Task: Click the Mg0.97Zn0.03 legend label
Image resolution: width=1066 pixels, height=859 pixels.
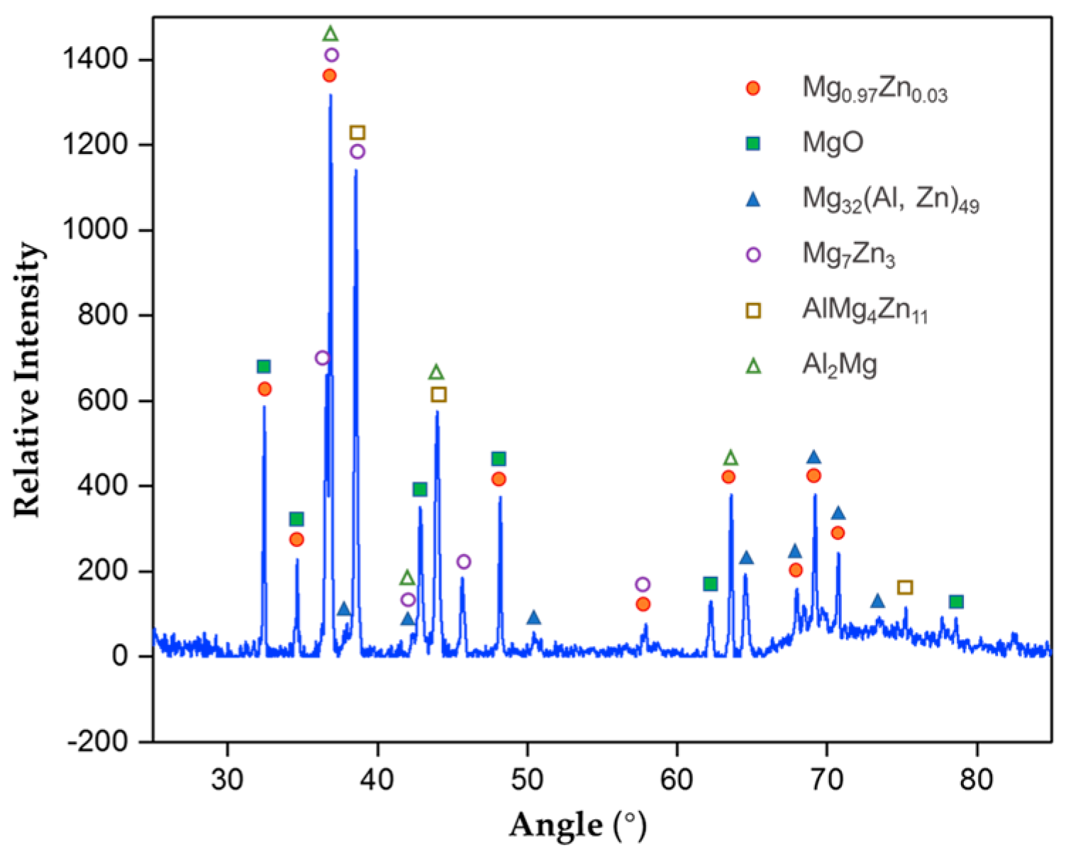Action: pyautogui.click(x=874, y=89)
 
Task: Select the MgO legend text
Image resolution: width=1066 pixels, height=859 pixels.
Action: pyautogui.click(x=833, y=143)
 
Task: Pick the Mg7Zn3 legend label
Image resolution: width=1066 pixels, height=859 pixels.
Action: pyautogui.click(x=848, y=255)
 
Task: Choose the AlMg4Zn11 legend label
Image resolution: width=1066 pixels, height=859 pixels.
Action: pyautogui.click(x=865, y=311)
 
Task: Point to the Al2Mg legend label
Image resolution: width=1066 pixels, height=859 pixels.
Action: pyautogui.click(x=839, y=365)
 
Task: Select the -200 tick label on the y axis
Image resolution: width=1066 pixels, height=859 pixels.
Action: pyautogui.click(x=98, y=742)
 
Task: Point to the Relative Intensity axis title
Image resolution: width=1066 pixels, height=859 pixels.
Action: pyautogui.click(x=28, y=380)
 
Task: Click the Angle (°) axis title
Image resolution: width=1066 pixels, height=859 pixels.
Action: pyautogui.click(x=577, y=826)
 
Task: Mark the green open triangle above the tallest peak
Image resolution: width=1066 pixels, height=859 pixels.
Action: pyautogui.click(x=330, y=33)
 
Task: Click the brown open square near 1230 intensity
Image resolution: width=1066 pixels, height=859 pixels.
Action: pyautogui.click(x=357, y=133)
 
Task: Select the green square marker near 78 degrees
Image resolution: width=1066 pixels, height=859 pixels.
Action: pyautogui.click(x=956, y=602)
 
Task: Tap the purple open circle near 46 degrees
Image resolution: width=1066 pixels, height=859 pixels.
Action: pyautogui.click(x=463, y=562)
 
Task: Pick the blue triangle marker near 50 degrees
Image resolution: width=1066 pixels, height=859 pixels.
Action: pyautogui.click(x=533, y=618)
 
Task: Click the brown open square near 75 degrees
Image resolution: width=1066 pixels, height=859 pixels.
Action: pyautogui.click(x=904, y=587)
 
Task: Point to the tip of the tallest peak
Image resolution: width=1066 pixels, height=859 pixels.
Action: pyautogui.click(x=331, y=95)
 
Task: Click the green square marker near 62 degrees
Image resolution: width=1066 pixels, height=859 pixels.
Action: pyautogui.click(x=710, y=584)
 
